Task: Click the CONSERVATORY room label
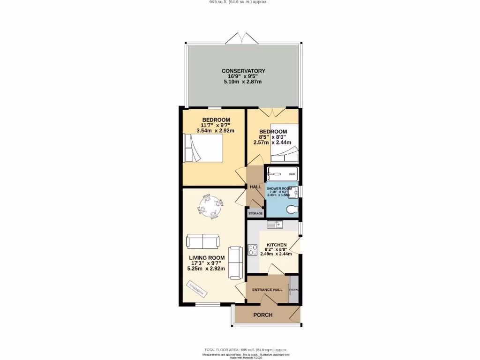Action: [x=243, y=71]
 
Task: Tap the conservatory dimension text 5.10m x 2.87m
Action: [x=243, y=82]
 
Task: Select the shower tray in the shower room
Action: [x=282, y=174]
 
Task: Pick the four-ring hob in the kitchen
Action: [x=253, y=250]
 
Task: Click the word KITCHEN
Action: [x=277, y=245]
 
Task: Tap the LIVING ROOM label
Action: [x=207, y=258]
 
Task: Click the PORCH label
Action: [x=263, y=315]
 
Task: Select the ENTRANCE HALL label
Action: [x=267, y=290]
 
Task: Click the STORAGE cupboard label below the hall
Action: [x=255, y=213]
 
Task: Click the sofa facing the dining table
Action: [x=202, y=241]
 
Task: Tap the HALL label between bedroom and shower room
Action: [x=255, y=187]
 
